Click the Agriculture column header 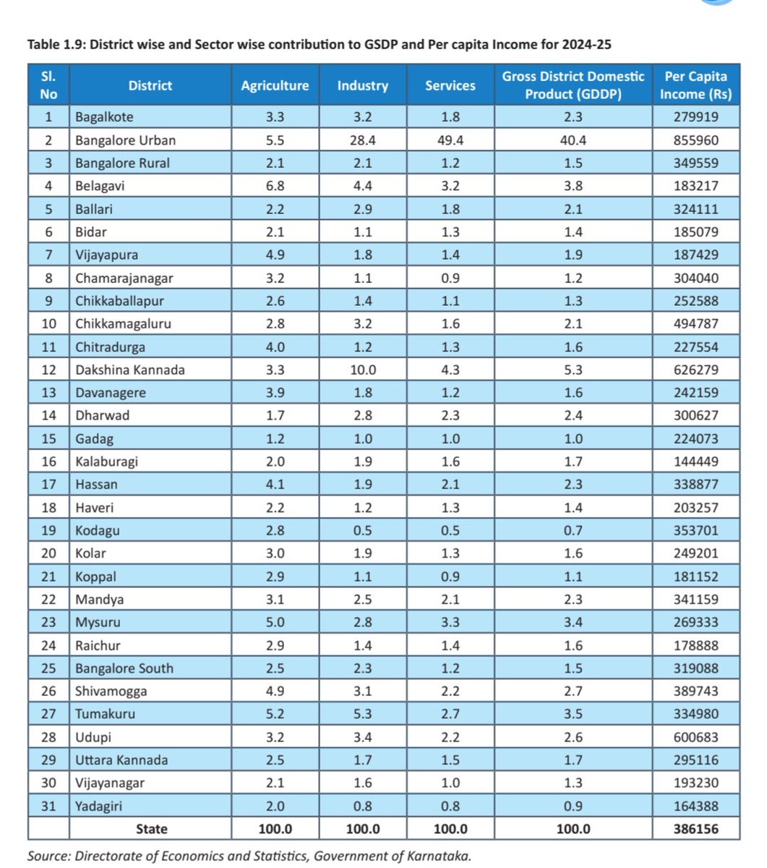[x=275, y=85]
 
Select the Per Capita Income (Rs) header [x=695, y=85]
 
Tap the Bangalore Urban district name [x=125, y=140]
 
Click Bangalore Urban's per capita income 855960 [x=695, y=140]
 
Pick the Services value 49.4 [x=450, y=140]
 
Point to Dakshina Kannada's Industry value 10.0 [x=362, y=370]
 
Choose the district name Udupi [x=93, y=737]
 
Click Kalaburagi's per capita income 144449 [x=695, y=461]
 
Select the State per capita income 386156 [x=695, y=829]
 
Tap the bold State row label [x=151, y=829]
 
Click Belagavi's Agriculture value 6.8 [x=275, y=186]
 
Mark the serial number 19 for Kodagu [x=48, y=530]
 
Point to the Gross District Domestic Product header [x=573, y=85]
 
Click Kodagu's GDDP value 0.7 [x=573, y=530]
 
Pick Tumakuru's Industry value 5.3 [x=362, y=714]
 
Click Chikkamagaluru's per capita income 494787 [x=695, y=323]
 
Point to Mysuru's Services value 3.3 [x=450, y=622]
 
